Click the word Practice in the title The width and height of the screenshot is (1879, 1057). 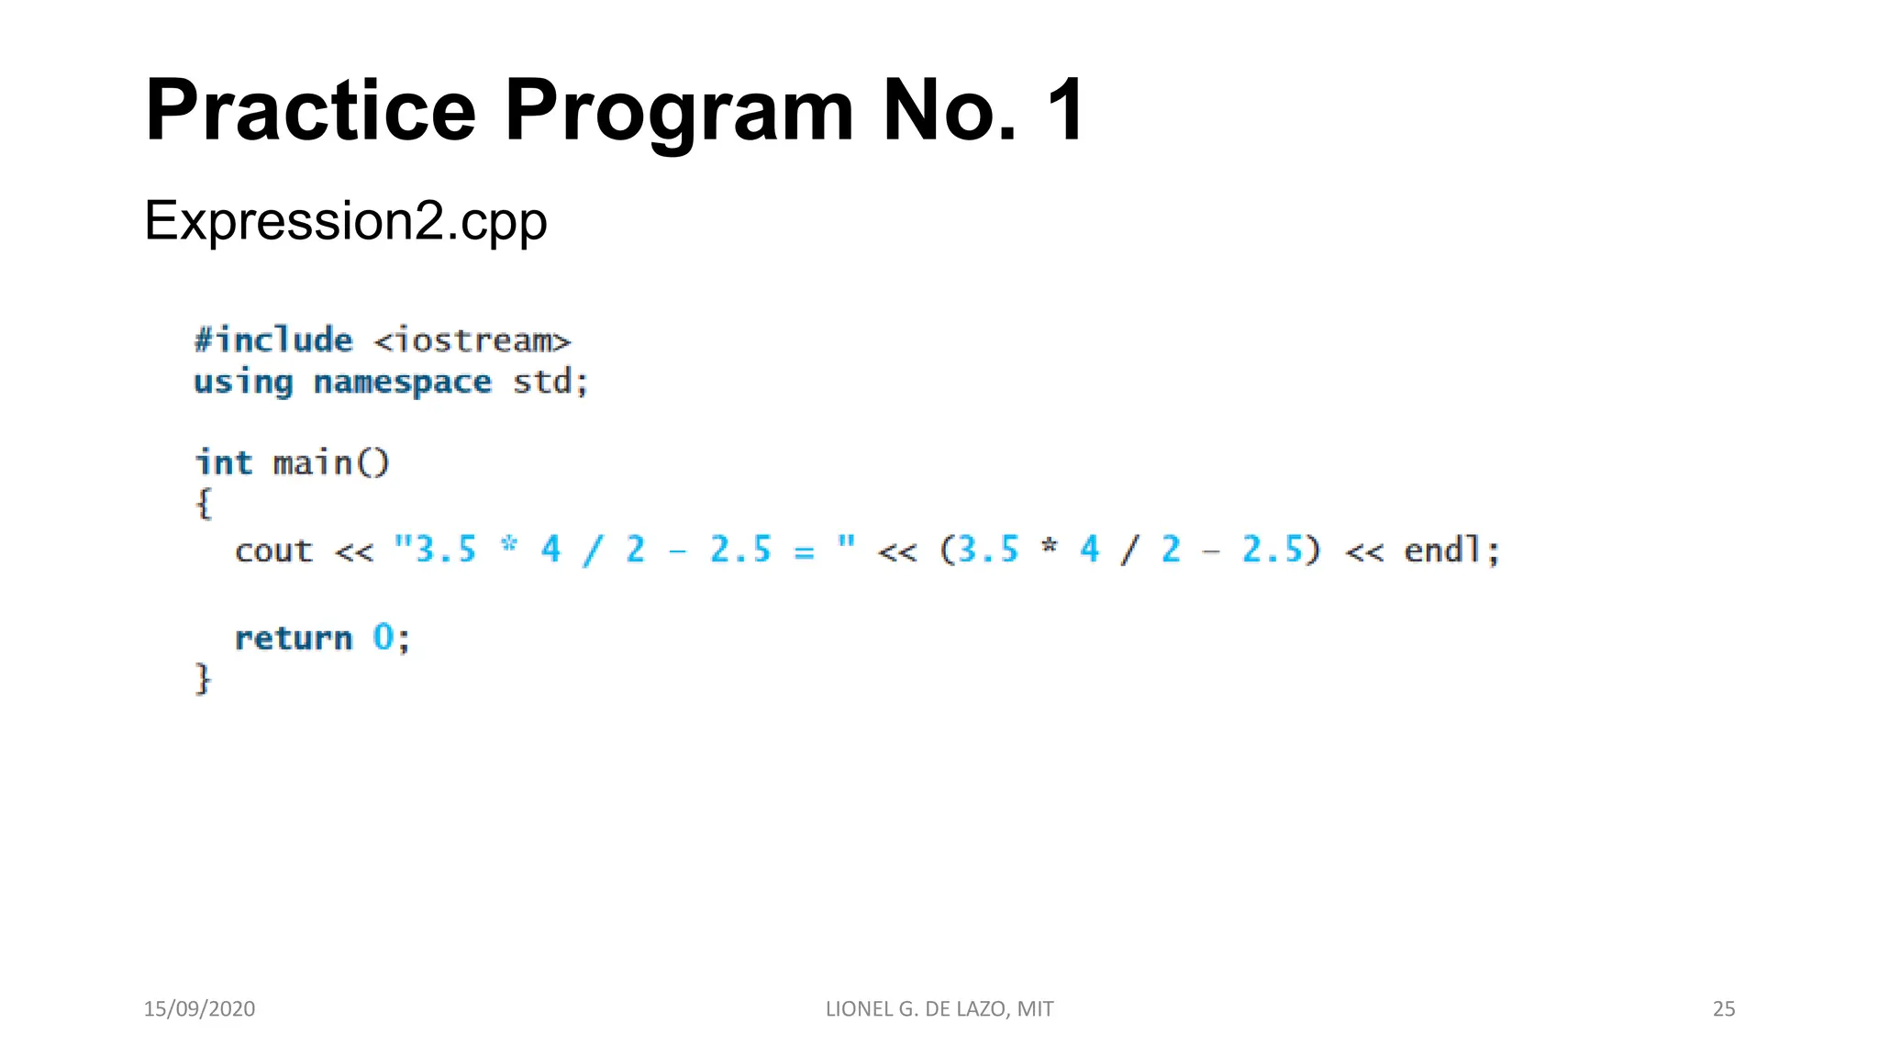[310, 111]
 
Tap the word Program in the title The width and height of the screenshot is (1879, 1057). [679, 111]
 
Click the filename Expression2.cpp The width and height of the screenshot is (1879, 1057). [345, 221]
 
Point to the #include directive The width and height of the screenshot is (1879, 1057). [273, 340]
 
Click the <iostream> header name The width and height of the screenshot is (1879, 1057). [473, 341]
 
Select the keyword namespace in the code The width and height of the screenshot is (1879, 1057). [402, 382]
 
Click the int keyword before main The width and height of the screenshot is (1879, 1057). [223, 462]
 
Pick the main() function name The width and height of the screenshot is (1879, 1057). [331, 462]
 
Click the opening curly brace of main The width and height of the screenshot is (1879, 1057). [204, 504]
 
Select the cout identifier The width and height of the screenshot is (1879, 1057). [273, 551]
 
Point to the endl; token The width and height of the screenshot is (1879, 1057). [1451, 551]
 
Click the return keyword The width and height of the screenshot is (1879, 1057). [294, 638]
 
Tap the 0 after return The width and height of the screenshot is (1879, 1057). [383, 638]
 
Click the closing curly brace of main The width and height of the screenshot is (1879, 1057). [204, 679]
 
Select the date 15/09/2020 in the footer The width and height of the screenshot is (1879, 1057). [199, 1008]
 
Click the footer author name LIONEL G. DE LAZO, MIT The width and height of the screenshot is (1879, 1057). [939, 1008]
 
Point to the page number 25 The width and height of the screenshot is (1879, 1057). [1724, 1008]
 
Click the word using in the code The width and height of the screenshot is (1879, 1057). [243, 382]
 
